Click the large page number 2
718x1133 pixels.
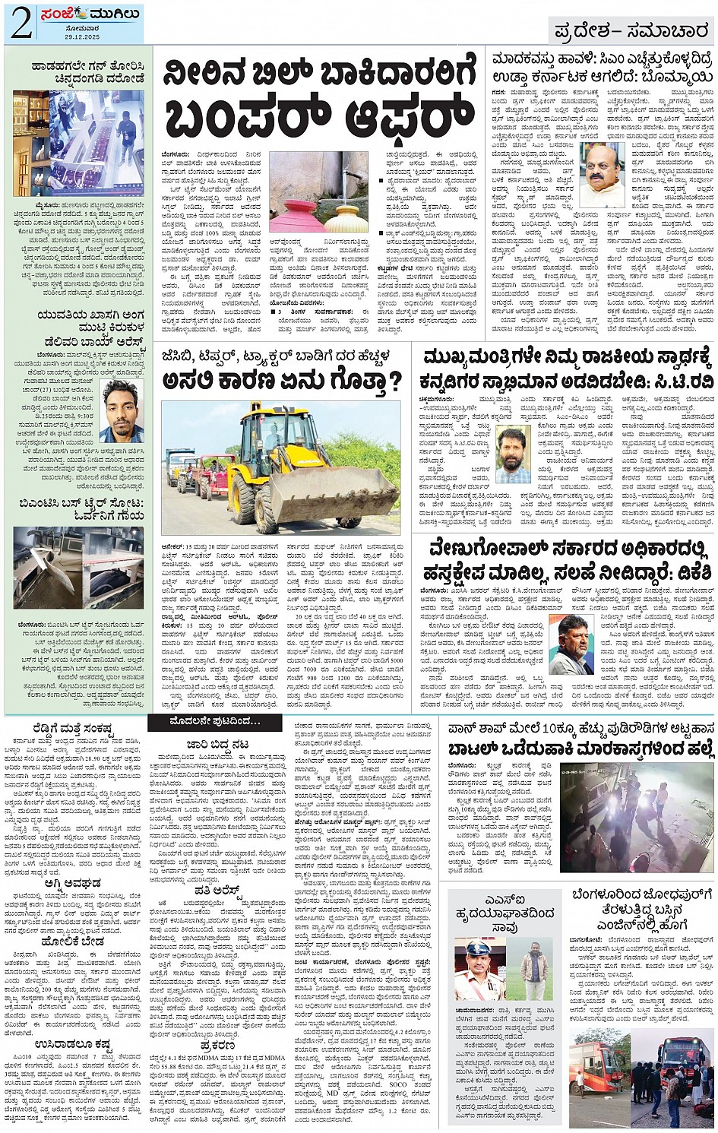tap(21, 24)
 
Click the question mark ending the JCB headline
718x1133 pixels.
tap(394, 381)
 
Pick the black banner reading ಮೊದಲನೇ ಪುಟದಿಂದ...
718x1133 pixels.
tap(214, 720)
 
